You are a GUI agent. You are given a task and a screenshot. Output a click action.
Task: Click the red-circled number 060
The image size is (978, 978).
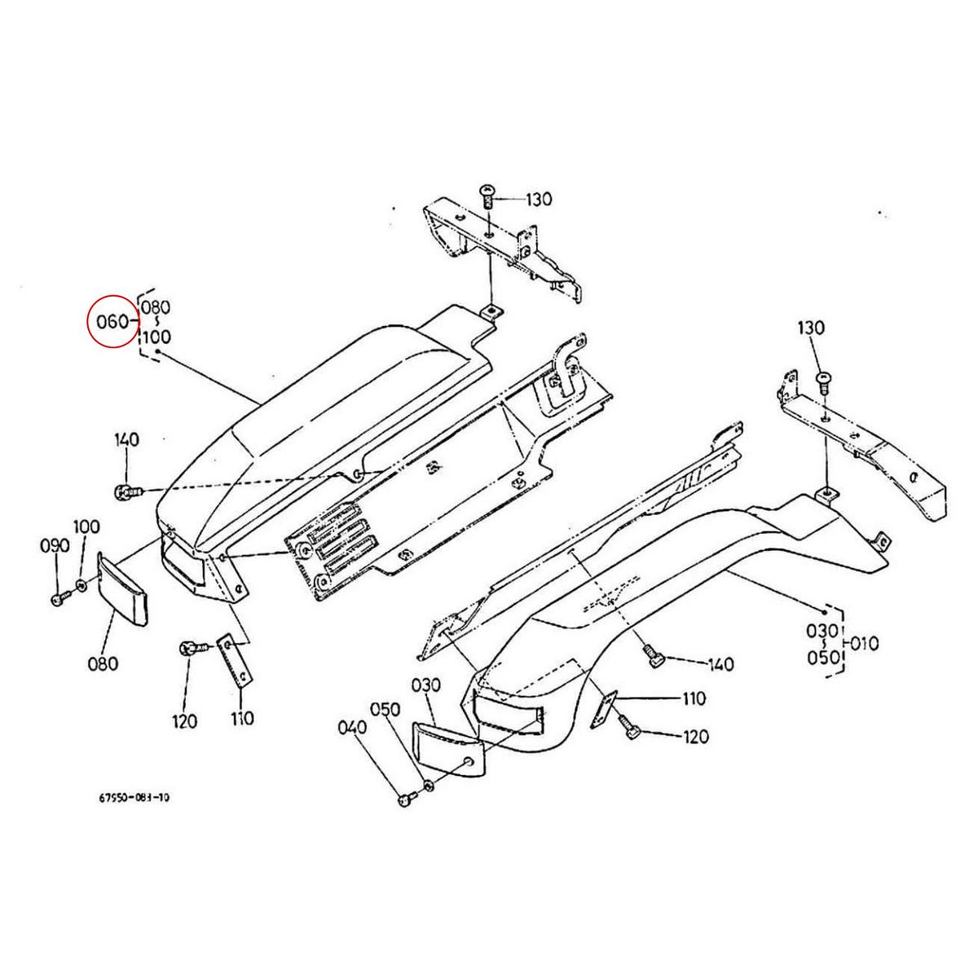tap(111, 321)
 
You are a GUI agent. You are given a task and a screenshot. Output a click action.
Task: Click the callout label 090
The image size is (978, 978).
tap(55, 546)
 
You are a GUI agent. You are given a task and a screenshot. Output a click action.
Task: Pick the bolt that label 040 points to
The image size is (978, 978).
tap(404, 801)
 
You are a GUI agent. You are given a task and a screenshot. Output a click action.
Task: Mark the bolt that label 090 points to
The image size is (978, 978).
tap(58, 599)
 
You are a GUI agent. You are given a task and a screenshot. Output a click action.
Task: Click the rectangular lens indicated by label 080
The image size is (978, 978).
tap(122, 588)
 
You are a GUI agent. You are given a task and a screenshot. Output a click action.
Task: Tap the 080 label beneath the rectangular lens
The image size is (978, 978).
tap(103, 663)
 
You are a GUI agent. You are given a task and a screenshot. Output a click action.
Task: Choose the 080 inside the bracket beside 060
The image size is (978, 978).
tap(156, 308)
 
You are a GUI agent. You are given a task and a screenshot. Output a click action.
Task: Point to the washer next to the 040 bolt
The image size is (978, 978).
tap(429, 788)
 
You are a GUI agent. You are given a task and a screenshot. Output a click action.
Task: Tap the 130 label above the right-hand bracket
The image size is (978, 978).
tap(812, 328)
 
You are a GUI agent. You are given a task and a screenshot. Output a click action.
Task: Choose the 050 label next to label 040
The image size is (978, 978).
tap(385, 709)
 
